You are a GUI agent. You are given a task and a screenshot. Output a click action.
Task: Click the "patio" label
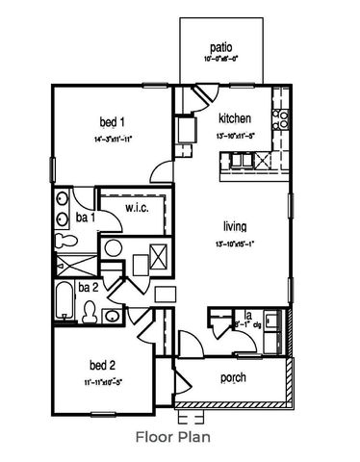pyautogui.click(x=220, y=47)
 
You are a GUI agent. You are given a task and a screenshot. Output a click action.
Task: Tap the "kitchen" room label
pyautogui.click(x=235, y=118)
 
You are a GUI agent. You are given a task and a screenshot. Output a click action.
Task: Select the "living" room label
pyautogui.click(x=235, y=226)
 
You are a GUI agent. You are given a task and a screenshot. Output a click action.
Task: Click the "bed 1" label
pyautogui.click(x=114, y=122)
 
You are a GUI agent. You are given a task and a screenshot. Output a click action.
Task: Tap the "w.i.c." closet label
pyautogui.click(x=137, y=207)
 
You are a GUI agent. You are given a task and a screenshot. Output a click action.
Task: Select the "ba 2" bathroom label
pyautogui.click(x=88, y=287)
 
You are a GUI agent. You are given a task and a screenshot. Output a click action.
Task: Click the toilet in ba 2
pyautogui.click(x=90, y=310)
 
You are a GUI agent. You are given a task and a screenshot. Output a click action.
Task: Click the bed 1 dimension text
pyautogui.click(x=114, y=140)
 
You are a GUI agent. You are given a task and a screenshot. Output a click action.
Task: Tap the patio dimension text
pyautogui.click(x=220, y=60)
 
